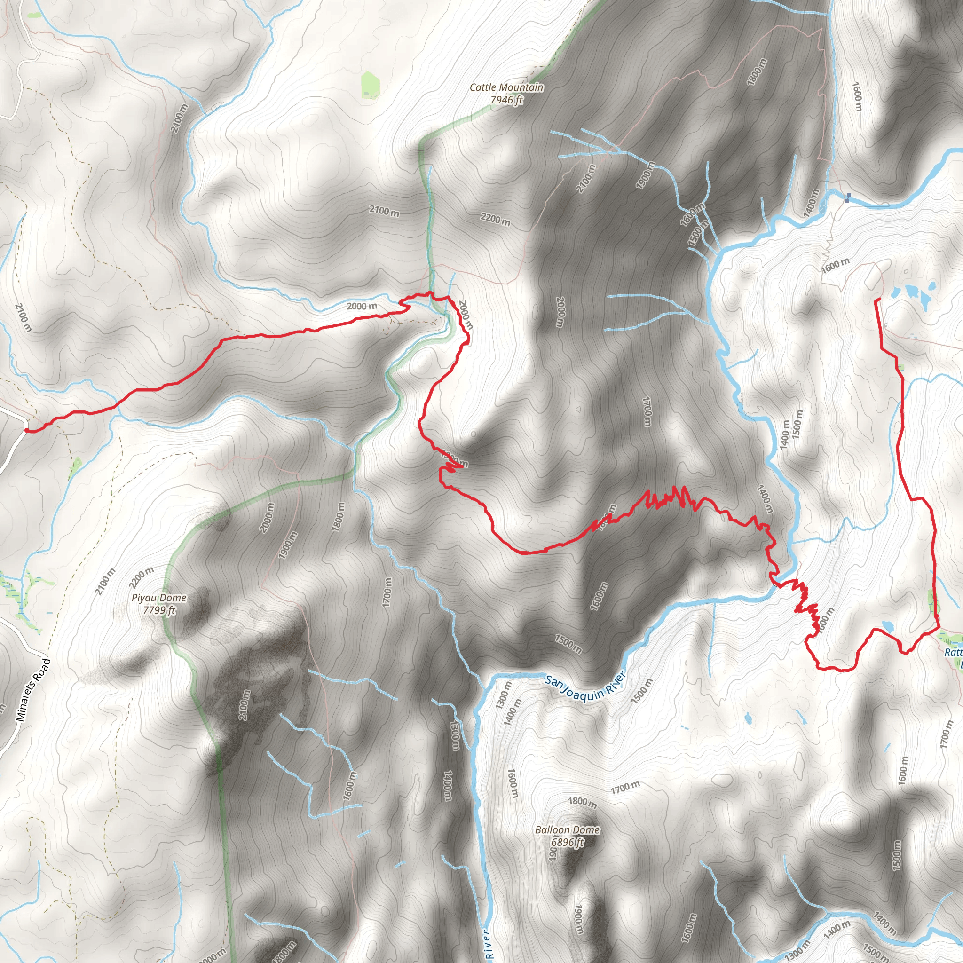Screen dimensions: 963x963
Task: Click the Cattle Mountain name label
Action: (x=506, y=87)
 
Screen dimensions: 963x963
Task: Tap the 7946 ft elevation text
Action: (x=506, y=100)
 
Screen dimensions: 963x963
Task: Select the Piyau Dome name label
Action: (x=159, y=598)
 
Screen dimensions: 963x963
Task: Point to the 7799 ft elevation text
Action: (x=159, y=610)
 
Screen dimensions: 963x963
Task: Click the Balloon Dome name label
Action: (x=567, y=830)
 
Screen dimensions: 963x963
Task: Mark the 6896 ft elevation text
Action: (x=567, y=842)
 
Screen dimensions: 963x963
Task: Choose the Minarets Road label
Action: (x=33, y=690)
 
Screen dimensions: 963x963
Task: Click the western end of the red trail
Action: (x=26, y=430)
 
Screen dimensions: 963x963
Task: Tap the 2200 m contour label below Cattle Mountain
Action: (x=495, y=219)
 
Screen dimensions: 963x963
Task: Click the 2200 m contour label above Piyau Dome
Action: (x=142, y=578)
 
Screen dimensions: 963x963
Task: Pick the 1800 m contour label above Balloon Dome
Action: (x=582, y=803)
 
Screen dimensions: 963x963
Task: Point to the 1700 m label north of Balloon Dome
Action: (x=625, y=788)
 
